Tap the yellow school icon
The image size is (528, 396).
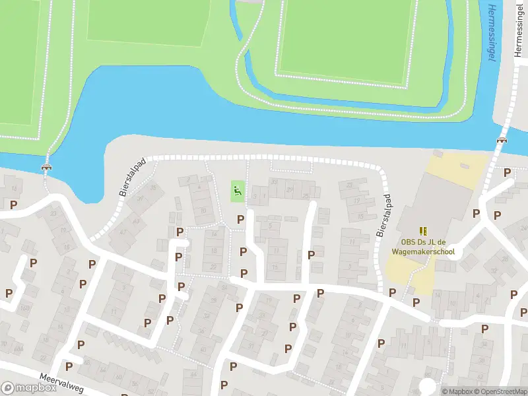[x=423, y=230]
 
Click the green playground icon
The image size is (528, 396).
[x=238, y=192]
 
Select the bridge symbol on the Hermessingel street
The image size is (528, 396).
[x=502, y=140]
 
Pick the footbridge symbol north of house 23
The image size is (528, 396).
[x=46, y=167]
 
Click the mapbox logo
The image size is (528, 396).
[x=30, y=388]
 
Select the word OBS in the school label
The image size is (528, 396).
[x=405, y=242]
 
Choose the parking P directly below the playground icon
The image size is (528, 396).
[x=240, y=220]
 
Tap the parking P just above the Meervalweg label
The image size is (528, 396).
[x=69, y=366]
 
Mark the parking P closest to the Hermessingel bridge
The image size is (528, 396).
[x=507, y=173]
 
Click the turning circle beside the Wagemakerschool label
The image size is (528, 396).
[x=455, y=253]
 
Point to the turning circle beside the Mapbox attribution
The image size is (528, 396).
[x=428, y=386]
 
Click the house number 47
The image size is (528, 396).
[x=137, y=222]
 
